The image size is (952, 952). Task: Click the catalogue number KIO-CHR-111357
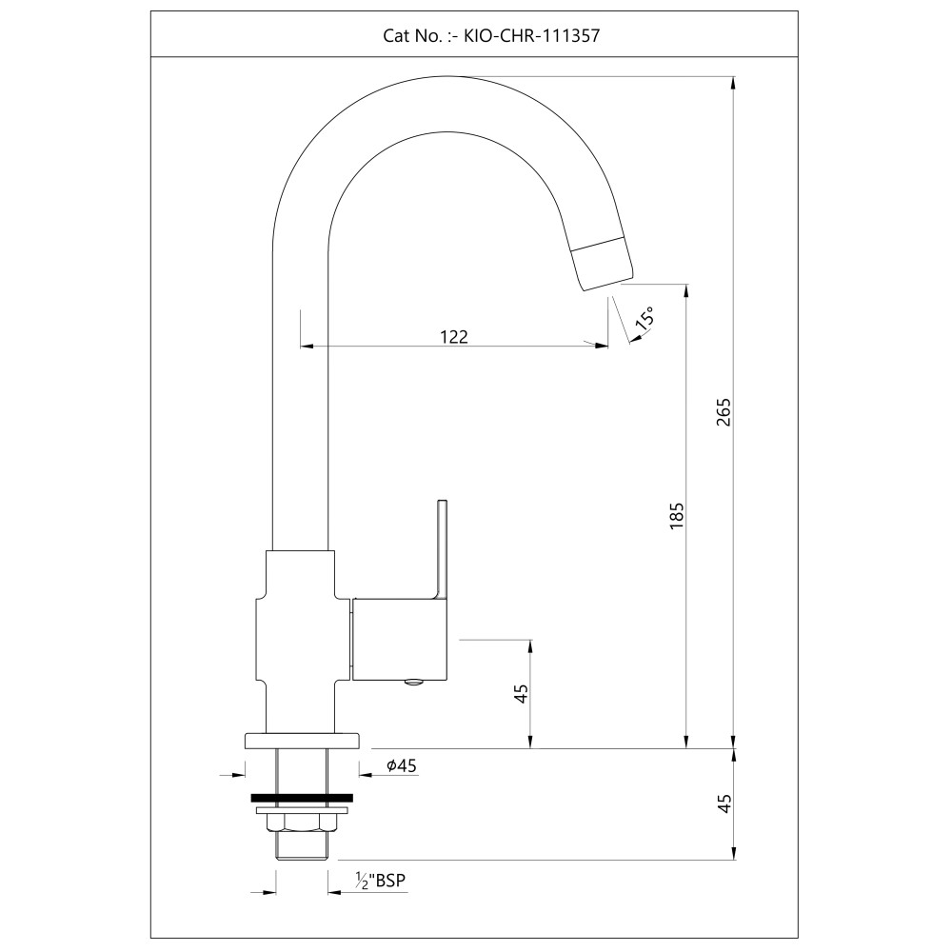coord(530,36)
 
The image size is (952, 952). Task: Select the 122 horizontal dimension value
coord(454,336)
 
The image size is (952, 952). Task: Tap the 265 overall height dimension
coord(724,411)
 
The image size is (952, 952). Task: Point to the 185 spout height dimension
coord(677,514)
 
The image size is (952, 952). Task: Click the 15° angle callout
coord(645,318)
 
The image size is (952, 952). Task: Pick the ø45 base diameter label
coord(401,764)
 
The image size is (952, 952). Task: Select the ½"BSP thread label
coord(381,882)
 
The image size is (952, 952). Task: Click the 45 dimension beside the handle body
coord(521,694)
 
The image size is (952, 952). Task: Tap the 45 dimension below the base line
coord(724,803)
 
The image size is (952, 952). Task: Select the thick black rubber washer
coord(302,797)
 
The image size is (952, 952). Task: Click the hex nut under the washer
coord(302,823)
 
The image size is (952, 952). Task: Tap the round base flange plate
coord(302,741)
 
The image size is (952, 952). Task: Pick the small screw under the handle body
coord(414,682)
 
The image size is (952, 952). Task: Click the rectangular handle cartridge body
coord(400,639)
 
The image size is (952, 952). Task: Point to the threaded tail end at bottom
coord(302,845)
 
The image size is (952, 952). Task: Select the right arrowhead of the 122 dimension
coord(603,346)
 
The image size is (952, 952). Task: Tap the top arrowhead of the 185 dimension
coord(686,289)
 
